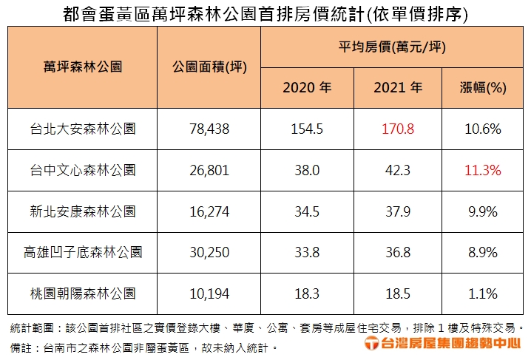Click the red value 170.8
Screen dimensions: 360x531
click(398, 129)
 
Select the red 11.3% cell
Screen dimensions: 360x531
click(483, 170)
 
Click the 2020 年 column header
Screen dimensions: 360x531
click(307, 88)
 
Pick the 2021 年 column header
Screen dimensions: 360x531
click(398, 88)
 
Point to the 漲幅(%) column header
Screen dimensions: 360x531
click(483, 88)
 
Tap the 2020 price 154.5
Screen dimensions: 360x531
click(307, 129)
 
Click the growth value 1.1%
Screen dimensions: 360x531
click(483, 293)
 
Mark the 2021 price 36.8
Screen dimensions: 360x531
click(398, 252)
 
